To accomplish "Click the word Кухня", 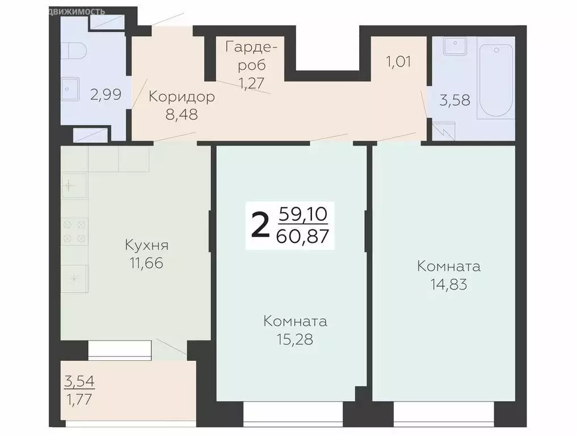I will tap(147, 245).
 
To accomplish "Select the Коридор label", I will tap(182, 97).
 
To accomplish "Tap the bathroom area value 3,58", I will tap(455, 101).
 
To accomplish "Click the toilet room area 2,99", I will tap(106, 94).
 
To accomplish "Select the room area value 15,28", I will tap(295, 339).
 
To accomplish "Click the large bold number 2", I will tap(260, 225).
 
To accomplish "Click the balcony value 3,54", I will tap(79, 380).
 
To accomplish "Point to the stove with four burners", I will tap(74, 229).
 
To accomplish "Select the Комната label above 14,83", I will tap(449, 266).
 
